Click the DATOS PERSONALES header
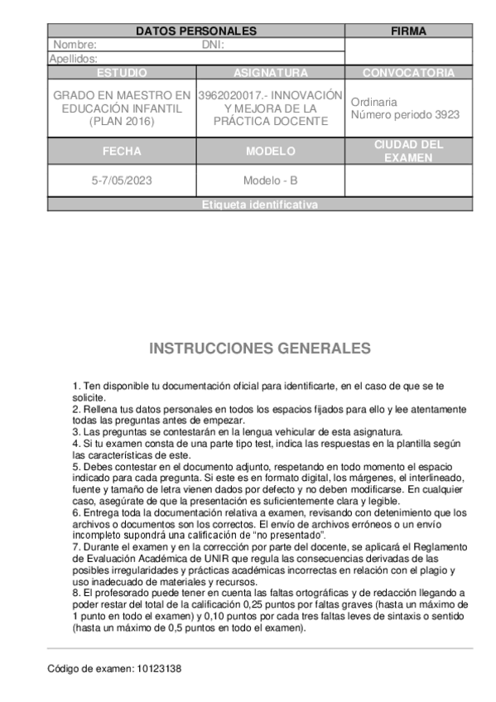(x=195, y=31)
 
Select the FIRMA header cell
(x=408, y=31)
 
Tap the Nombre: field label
(x=75, y=46)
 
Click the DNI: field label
(x=213, y=46)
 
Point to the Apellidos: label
(x=74, y=59)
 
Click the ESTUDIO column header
(x=122, y=73)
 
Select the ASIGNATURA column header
(x=270, y=73)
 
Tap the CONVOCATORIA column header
(x=408, y=73)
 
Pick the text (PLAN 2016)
(x=122, y=122)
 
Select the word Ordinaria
(x=373, y=102)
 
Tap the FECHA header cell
(x=122, y=151)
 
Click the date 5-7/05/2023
(x=122, y=180)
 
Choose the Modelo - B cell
(x=270, y=180)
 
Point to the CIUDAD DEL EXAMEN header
(x=408, y=151)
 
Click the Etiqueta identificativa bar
(x=259, y=204)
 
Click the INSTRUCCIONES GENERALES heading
(x=259, y=348)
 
